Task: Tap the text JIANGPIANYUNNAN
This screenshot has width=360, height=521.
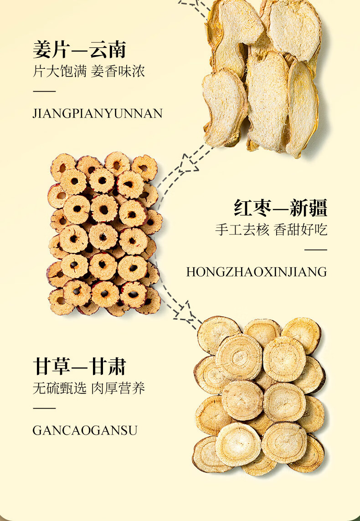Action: [x=97, y=113]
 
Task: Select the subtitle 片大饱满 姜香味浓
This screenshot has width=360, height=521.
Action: [x=88, y=72]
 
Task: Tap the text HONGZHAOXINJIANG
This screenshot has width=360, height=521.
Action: [x=257, y=272]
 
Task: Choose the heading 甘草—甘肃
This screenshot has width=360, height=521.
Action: [x=79, y=367]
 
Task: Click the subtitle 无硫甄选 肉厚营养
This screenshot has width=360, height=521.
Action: [x=88, y=388]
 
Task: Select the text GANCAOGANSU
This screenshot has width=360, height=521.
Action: [x=85, y=430]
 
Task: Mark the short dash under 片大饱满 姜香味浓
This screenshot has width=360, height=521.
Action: [x=44, y=92]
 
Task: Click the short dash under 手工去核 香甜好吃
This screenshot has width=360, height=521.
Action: [x=316, y=250]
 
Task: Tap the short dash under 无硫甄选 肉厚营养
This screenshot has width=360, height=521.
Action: [x=44, y=409]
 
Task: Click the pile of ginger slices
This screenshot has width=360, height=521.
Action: [x=262, y=75]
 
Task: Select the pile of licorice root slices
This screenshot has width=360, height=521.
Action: [x=259, y=395]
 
